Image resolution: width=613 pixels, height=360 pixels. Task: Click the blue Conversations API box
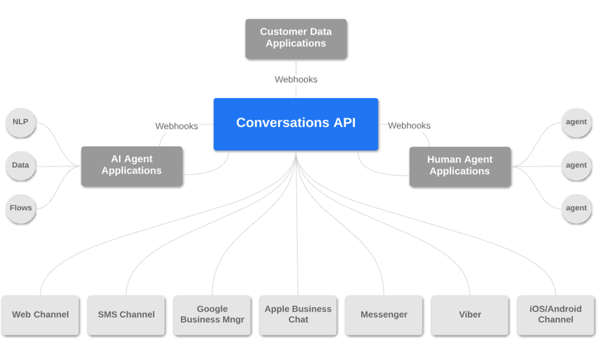pyautogui.click(x=296, y=124)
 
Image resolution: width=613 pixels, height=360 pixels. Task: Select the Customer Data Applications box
pyautogui.click(x=296, y=38)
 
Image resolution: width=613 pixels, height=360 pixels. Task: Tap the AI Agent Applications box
pyautogui.click(x=132, y=165)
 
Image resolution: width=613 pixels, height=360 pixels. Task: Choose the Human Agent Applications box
pyautogui.click(x=460, y=166)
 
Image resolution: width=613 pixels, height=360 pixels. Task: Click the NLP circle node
pyautogui.click(x=20, y=122)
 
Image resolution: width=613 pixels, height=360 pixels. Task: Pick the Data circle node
pyautogui.click(x=20, y=165)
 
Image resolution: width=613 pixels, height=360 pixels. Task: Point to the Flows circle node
pyautogui.click(x=20, y=208)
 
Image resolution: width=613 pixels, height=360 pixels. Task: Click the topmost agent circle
pyautogui.click(x=576, y=122)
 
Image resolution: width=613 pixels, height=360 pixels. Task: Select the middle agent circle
pyautogui.click(x=576, y=165)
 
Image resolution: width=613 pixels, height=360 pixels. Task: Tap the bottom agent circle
pyautogui.click(x=576, y=208)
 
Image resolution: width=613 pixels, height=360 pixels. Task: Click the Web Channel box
pyautogui.click(x=40, y=314)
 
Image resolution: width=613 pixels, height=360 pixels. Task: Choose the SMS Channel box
pyautogui.click(x=126, y=314)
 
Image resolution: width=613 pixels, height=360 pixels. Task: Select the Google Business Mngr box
pyautogui.click(x=212, y=314)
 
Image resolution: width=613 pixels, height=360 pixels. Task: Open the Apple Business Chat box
pyautogui.click(x=298, y=314)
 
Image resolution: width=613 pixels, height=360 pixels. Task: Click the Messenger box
pyautogui.click(x=384, y=314)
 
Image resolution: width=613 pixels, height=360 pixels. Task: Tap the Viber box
pyautogui.click(x=469, y=314)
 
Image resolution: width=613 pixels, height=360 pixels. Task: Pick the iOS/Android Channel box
pyautogui.click(x=556, y=314)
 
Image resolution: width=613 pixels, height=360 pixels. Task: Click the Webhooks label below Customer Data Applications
pyautogui.click(x=296, y=80)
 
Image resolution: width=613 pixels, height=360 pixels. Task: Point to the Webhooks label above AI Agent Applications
pyautogui.click(x=176, y=126)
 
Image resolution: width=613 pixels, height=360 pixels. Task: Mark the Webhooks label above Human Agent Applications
pyautogui.click(x=409, y=126)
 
